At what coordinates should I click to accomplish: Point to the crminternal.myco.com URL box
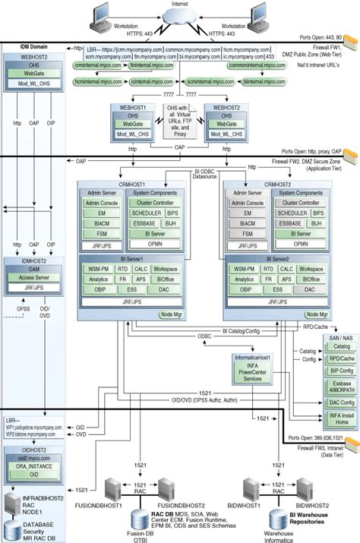click(93, 67)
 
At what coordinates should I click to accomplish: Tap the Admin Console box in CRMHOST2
click(248, 203)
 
